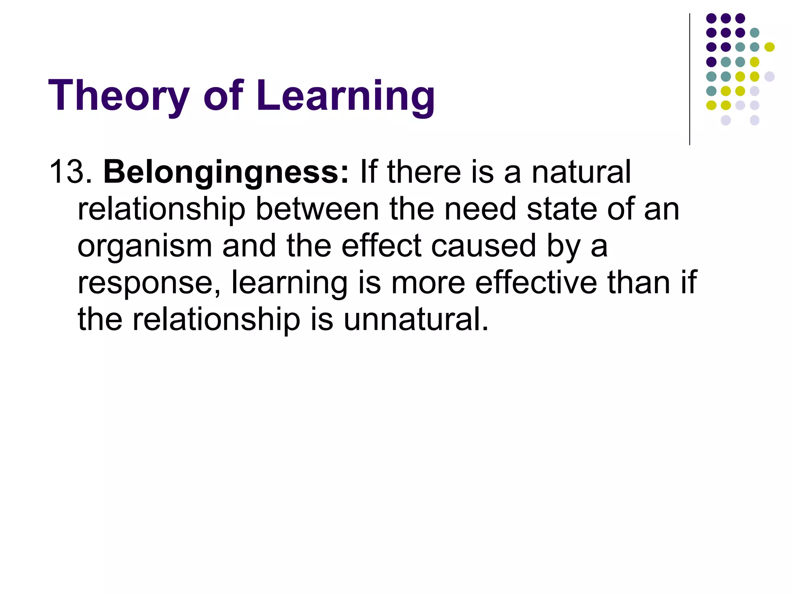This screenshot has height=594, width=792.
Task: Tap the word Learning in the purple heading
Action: pos(345,96)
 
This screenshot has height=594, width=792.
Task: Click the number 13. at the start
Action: pos(70,172)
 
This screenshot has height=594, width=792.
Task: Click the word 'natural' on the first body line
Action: pos(581,172)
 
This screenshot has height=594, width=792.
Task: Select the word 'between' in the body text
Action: pos(317,209)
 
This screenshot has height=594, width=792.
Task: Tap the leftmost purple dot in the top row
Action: pos(711,18)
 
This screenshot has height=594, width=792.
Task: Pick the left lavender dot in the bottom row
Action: pos(725,120)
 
